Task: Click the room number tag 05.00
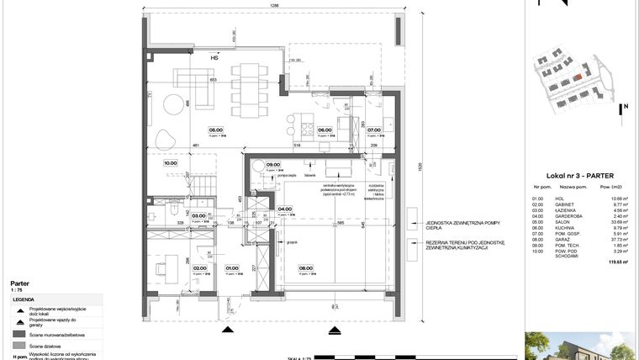pyautogui.click(x=216, y=130)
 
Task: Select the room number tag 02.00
pyautogui.click(x=199, y=269)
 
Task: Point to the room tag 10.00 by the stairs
pyautogui.click(x=170, y=163)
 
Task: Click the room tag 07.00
pyautogui.click(x=374, y=130)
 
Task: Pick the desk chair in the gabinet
pyautogui.click(x=159, y=267)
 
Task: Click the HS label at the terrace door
pyautogui.click(x=214, y=59)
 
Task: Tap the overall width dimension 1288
pyautogui.click(x=274, y=6)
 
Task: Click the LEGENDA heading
pyautogui.click(x=24, y=299)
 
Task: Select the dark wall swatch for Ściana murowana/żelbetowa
pyautogui.click(x=18, y=333)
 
